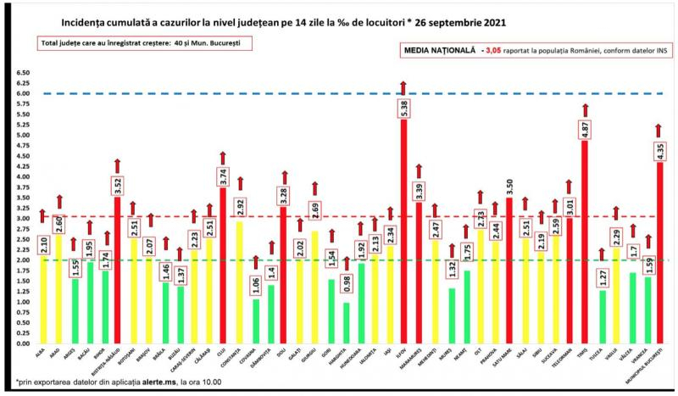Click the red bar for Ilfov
click(x=403, y=229)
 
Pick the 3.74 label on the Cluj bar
click(x=223, y=176)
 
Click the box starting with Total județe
click(x=133, y=42)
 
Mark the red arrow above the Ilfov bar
click(x=403, y=87)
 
